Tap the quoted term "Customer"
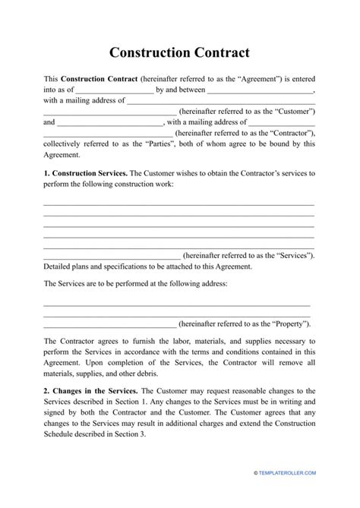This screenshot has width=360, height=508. (x=295, y=111)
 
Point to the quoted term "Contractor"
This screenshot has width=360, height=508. (x=292, y=121)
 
